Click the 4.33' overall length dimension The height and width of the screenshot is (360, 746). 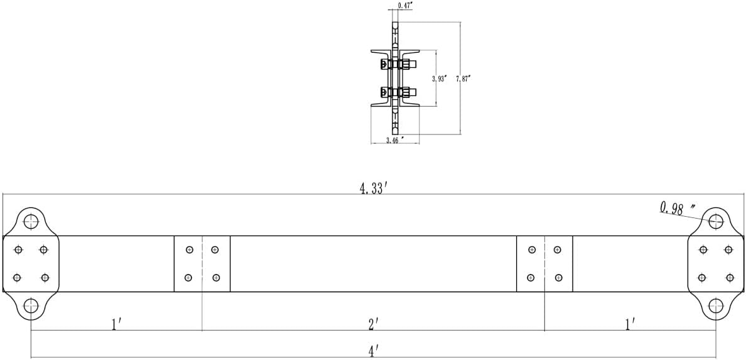[372, 188]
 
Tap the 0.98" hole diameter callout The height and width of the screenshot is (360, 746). [677, 209]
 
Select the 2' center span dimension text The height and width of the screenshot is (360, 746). [374, 324]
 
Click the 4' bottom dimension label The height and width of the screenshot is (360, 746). [374, 351]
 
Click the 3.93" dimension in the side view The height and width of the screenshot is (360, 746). [439, 79]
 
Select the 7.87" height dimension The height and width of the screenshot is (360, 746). [463, 79]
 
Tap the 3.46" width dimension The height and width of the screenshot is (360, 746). [395, 139]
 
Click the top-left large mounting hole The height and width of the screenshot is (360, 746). [31, 221]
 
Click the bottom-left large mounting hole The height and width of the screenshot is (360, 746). [31, 305]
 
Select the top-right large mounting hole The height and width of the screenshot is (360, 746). [716, 221]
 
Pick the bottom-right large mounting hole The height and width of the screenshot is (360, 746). [716, 305]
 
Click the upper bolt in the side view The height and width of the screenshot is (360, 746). [399, 64]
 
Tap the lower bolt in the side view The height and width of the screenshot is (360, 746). [399, 92]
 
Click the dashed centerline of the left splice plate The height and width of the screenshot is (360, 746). [202, 263]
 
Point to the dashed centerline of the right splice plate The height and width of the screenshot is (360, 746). [545, 263]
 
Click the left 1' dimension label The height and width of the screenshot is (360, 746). [117, 324]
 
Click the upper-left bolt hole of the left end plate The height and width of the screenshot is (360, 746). [19, 249]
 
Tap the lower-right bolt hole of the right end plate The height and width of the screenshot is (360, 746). [730, 278]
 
